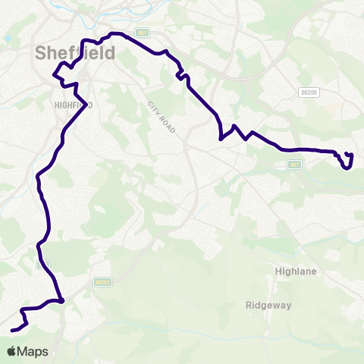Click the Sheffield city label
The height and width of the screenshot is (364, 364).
[x=75, y=53]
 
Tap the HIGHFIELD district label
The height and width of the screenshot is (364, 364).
[x=73, y=105]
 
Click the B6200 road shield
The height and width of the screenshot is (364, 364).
[x=307, y=92]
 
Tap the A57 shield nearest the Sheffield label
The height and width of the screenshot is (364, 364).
[x=142, y=33]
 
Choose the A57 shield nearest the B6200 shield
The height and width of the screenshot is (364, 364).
[x=295, y=163]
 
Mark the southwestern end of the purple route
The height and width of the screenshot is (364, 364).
[x=12, y=330]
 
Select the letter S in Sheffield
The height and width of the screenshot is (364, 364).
[x=41, y=53]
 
